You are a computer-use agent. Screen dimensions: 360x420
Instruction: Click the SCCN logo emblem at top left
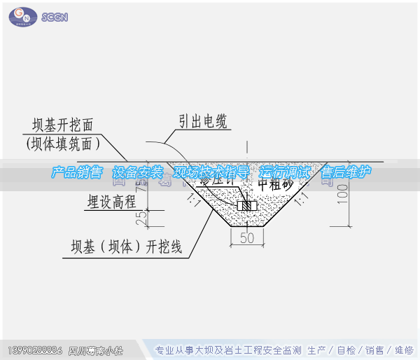pyautogui.click(x=22, y=15)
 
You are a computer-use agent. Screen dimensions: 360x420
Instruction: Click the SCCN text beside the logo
pyautogui.click(x=55, y=16)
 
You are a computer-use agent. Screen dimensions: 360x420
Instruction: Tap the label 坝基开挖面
pyautogui.click(x=63, y=125)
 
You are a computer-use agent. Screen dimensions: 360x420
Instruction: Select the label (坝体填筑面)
pyautogui.click(x=63, y=144)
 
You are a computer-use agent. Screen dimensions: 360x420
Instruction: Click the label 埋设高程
pyautogui.click(x=111, y=202)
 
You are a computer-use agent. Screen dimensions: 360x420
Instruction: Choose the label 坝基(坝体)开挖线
pyautogui.click(x=126, y=247)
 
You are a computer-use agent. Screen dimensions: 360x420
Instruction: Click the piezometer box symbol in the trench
pyautogui.click(x=246, y=206)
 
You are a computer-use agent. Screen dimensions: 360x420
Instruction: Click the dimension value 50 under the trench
pyautogui.click(x=246, y=237)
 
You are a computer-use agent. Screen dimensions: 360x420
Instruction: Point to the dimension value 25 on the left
pyautogui.click(x=142, y=218)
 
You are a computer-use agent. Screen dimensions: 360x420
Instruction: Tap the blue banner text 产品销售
pyautogui.click(x=76, y=172)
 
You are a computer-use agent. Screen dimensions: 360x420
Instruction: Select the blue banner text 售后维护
pyautogui.click(x=345, y=172)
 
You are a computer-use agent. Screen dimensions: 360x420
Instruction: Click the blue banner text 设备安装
pyautogui.click(x=137, y=172)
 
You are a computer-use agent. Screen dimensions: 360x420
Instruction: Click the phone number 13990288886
pyautogui.click(x=35, y=349)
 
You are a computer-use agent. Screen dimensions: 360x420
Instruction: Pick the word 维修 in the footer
pyautogui.click(x=404, y=350)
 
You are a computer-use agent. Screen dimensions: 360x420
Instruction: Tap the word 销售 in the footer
pyautogui.click(x=374, y=350)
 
